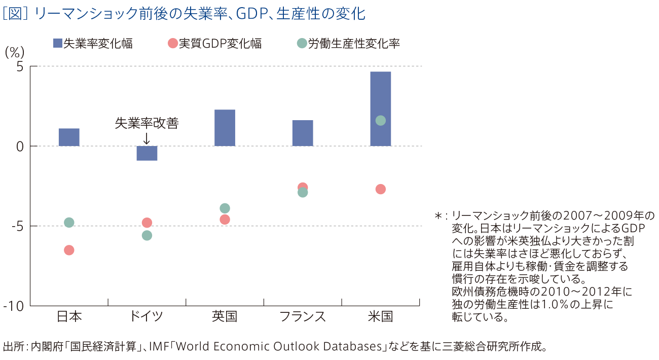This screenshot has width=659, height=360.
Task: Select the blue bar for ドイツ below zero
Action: coord(147,153)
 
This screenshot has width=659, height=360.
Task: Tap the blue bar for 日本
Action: coord(69,137)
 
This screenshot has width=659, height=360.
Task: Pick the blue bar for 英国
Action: coord(225,128)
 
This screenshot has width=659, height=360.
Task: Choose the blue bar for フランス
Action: coord(303,133)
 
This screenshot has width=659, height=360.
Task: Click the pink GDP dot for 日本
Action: coord(69,250)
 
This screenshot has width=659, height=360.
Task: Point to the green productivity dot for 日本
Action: coord(69,223)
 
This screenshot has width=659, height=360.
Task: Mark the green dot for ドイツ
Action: coord(147,235)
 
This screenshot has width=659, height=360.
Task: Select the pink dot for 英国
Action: coord(225,219)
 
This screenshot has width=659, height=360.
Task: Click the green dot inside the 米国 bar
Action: coord(381,120)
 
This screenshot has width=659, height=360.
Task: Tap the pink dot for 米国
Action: coord(381,189)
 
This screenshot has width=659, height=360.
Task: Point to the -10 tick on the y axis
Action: coord(14,306)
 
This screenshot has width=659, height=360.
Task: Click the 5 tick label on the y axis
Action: coord(19,66)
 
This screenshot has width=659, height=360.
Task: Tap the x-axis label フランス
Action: coord(303,317)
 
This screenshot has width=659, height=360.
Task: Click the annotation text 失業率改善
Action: coord(147,123)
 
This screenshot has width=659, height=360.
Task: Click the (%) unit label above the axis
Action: coord(15,52)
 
